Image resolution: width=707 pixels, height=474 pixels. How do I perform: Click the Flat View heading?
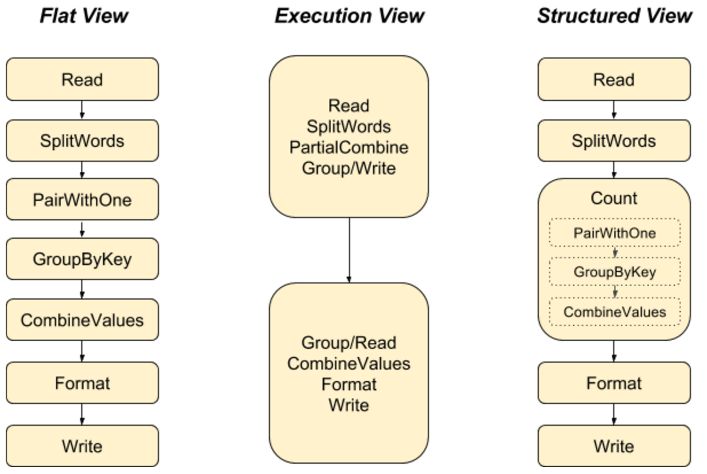(x=84, y=15)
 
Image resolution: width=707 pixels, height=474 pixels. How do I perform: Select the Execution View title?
(x=349, y=15)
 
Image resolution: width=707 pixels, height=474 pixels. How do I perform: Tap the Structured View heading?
(x=614, y=15)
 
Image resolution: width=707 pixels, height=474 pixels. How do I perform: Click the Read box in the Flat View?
(x=82, y=80)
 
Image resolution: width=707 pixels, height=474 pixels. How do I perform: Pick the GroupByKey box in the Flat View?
(x=82, y=259)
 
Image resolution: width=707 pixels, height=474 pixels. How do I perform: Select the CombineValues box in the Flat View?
(x=82, y=320)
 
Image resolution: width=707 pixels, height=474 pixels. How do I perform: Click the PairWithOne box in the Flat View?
(x=82, y=200)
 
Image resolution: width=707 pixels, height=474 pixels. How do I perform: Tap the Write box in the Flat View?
(x=82, y=446)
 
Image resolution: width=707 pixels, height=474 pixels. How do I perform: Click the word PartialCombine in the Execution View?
(x=349, y=148)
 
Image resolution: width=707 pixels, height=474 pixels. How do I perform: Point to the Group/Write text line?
(x=349, y=168)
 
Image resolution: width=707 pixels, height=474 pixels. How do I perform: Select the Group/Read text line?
(x=349, y=343)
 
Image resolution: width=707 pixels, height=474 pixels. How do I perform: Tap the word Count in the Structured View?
(x=614, y=199)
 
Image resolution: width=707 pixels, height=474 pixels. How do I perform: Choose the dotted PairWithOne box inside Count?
(x=614, y=233)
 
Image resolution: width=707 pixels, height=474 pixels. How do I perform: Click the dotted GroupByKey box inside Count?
(x=614, y=272)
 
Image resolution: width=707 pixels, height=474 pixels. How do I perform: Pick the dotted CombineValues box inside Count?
(x=614, y=312)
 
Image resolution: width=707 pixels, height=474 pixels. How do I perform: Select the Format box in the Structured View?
(x=614, y=383)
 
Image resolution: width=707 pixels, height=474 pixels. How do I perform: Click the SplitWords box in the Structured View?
(x=614, y=141)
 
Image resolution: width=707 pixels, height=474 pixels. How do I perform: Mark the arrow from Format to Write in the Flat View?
(x=82, y=414)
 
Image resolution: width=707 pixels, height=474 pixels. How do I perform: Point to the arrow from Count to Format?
(x=614, y=351)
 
